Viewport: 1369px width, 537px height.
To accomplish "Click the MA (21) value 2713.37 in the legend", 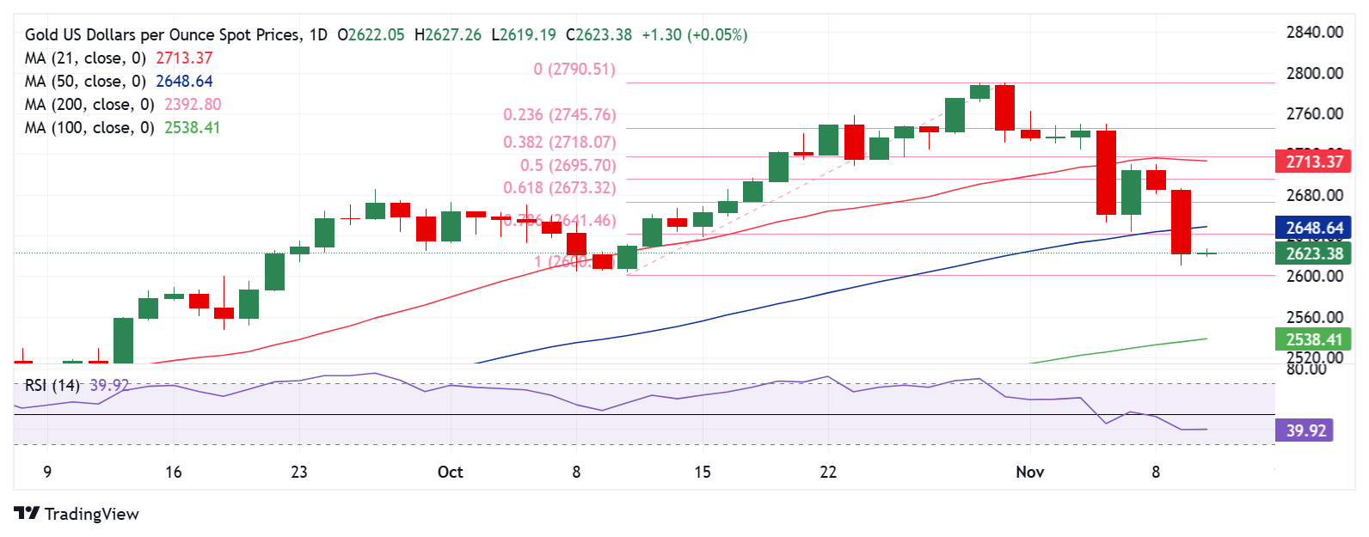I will (184, 58).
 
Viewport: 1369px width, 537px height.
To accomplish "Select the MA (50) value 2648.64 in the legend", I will (184, 82).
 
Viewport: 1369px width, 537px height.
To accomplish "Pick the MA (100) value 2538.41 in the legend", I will (193, 128).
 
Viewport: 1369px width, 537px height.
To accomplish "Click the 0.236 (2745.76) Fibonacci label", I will (559, 115).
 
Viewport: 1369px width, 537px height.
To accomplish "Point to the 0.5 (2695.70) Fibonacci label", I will (568, 166).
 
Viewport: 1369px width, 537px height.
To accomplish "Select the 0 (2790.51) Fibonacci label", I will (574, 70).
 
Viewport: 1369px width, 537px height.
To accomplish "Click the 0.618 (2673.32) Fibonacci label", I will (559, 188).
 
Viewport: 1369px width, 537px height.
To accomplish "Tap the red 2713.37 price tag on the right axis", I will (1313, 162).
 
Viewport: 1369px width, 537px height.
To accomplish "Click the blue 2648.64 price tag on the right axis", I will (1313, 228).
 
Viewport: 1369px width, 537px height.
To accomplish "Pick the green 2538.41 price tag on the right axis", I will (1313, 339).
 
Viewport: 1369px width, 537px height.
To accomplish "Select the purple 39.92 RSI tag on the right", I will (1305, 430).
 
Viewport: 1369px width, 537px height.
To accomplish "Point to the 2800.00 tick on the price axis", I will (1314, 74).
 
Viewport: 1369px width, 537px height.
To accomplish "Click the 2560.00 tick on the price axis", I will (1314, 317).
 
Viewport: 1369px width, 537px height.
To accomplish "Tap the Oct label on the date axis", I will (450, 472).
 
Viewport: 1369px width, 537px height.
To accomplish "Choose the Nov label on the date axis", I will (1029, 472).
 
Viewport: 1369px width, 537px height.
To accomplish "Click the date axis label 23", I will (299, 472).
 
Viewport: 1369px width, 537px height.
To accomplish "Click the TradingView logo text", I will (91, 514).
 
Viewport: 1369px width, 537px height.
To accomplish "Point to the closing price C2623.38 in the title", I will (599, 35).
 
